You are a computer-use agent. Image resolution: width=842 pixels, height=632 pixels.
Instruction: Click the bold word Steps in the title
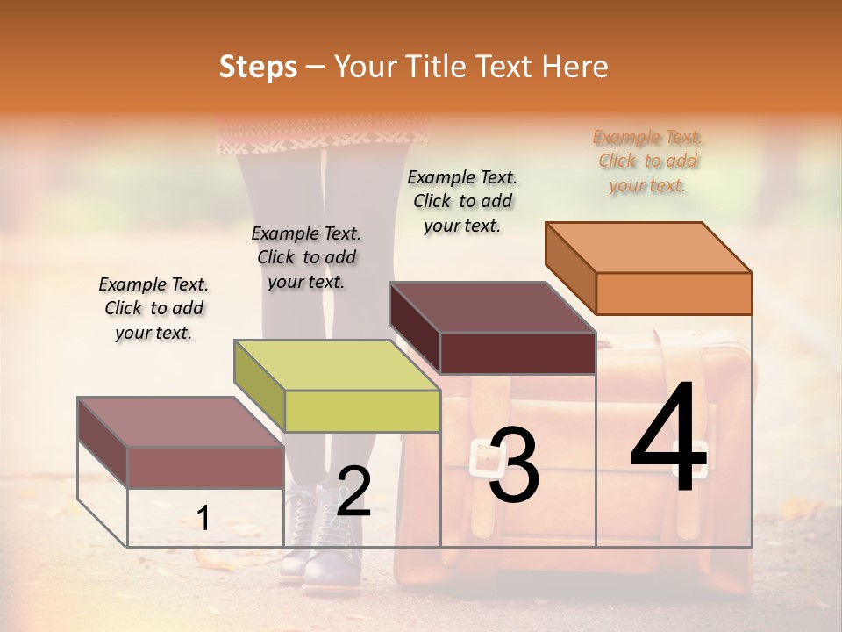coord(258,67)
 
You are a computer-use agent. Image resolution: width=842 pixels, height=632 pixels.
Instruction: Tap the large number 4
coord(668,442)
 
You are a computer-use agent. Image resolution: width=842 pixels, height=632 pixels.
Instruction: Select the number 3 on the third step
coord(513,465)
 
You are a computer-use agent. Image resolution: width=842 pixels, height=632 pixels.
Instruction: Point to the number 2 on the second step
coord(353,492)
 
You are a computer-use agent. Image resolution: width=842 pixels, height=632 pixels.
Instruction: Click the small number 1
coord(203,519)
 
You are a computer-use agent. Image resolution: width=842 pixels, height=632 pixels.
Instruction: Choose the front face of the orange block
coord(674,293)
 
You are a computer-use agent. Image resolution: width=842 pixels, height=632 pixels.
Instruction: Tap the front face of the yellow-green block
coord(362,411)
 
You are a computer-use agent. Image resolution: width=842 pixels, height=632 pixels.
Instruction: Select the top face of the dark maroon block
coord(493,307)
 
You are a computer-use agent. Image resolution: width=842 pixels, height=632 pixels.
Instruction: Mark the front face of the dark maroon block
coord(517,353)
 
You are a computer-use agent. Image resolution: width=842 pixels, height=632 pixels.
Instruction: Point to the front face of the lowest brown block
coord(205,467)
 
